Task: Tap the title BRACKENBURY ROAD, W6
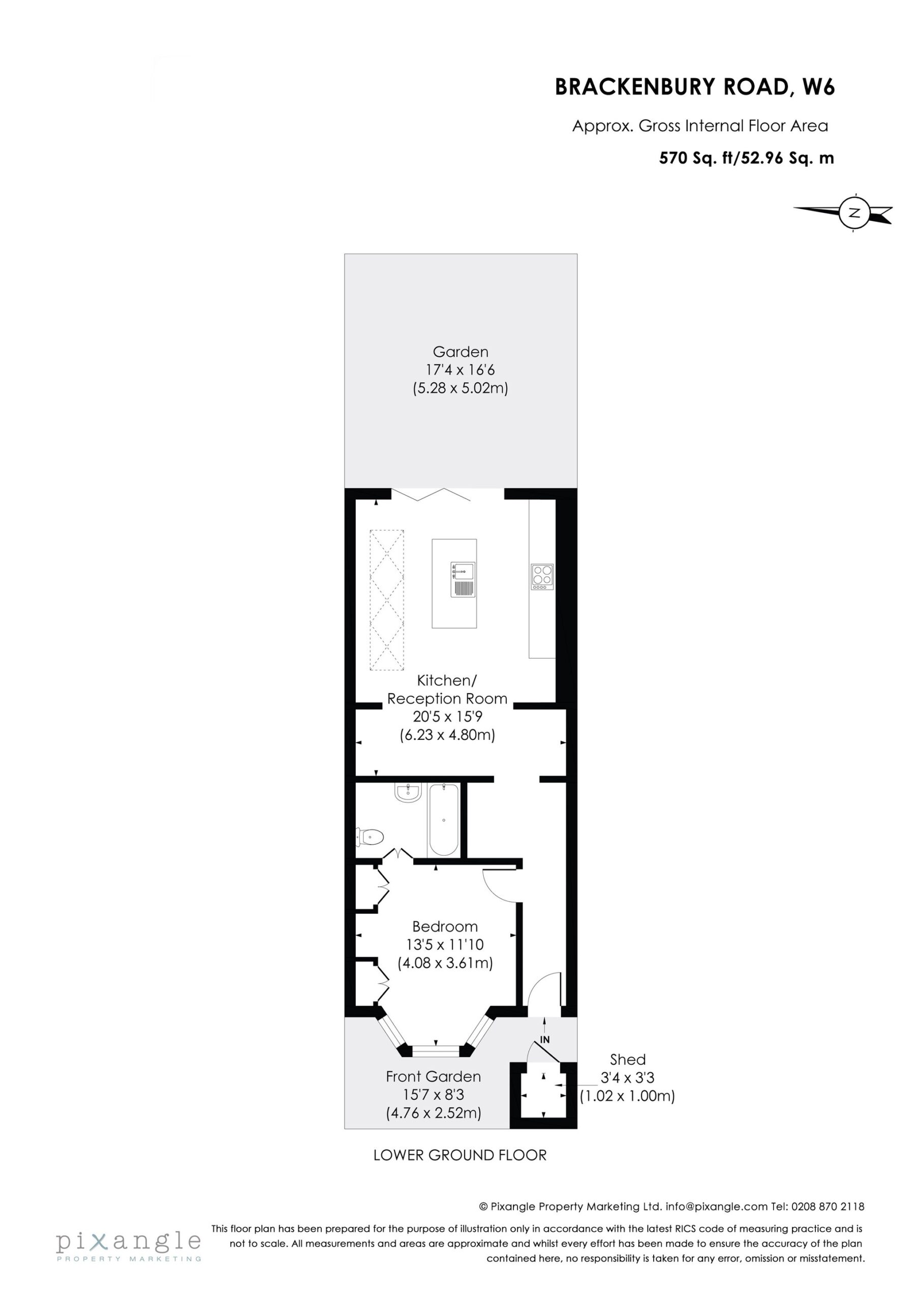[694, 87]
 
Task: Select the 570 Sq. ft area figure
[696, 158]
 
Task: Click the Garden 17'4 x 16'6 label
[461, 369]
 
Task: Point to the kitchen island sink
[462, 579]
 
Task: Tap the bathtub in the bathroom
[443, 819]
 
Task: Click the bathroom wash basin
[408, 792]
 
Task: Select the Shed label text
[628, 1059]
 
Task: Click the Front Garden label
[433, 1076]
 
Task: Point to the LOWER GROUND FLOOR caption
[459, 1155]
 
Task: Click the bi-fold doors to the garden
[431, 494]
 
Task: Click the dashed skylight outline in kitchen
[387, 600]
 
